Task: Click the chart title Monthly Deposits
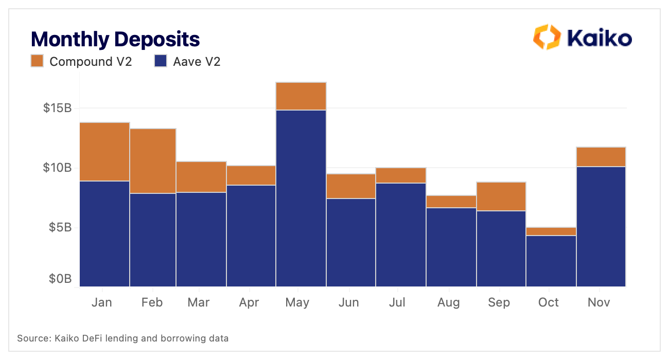[115, 39]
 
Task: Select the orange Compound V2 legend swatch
[37, 61]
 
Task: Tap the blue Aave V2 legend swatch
[161, 61]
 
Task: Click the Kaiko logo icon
[546, 37]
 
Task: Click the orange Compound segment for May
[301, 96]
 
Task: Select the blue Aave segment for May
[301, 198]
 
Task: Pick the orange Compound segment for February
[153, 161]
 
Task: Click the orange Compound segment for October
[551, 231]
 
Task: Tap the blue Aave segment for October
[551, 261]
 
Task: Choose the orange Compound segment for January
[105, 152]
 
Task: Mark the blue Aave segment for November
[601, 226]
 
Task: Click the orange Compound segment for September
[501, 196]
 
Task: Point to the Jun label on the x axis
[348, 302]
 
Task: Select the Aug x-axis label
[448, 302]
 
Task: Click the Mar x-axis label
[199, 302]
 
